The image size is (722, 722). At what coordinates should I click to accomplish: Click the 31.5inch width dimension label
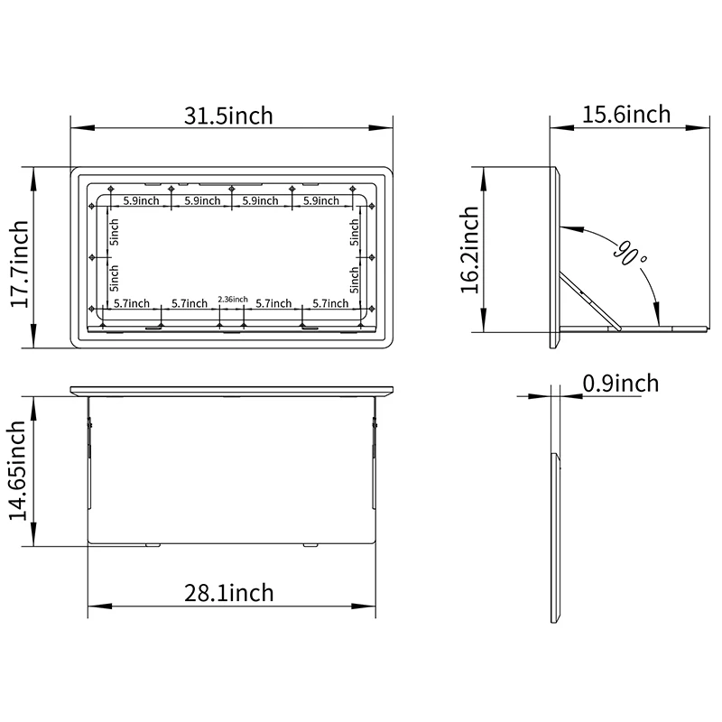tap(228, 116)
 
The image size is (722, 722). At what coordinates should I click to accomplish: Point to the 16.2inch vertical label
tap(469, 250)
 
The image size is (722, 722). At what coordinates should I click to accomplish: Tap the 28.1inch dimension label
tap(228, 593)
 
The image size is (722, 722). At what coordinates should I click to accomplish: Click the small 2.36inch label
tap(233, 299)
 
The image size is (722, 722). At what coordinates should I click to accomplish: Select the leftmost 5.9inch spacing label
tap(142, 200)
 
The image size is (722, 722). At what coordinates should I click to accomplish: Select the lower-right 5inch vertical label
tap(355, 282)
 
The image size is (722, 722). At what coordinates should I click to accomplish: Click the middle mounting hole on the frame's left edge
tap(94, 258)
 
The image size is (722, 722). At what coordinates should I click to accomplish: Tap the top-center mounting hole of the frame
tap(232, 189)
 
